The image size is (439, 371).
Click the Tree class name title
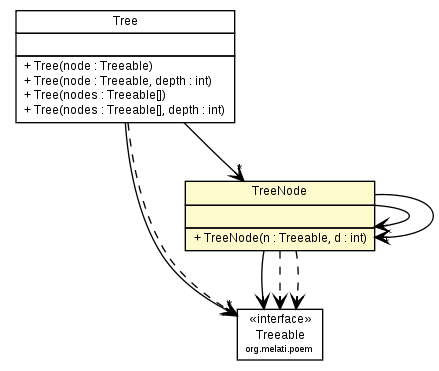pos(125,21)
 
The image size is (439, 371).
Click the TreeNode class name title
pos(278,190)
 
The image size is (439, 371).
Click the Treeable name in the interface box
pos(280,335)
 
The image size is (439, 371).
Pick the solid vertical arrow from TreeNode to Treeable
pos(262,275)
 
